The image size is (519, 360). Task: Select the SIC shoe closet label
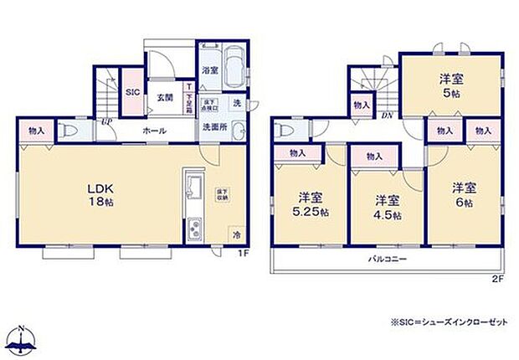[133, 93]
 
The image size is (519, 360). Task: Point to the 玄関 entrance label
[164, 98]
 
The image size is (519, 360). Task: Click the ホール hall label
[153, 130]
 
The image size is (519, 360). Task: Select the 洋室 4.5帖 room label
[386, 207]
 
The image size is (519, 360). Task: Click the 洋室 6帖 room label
[465, 193]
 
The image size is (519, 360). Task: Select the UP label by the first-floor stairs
[105, 123]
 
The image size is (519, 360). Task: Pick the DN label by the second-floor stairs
[387, 116]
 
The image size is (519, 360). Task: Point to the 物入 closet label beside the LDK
[37, 131]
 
